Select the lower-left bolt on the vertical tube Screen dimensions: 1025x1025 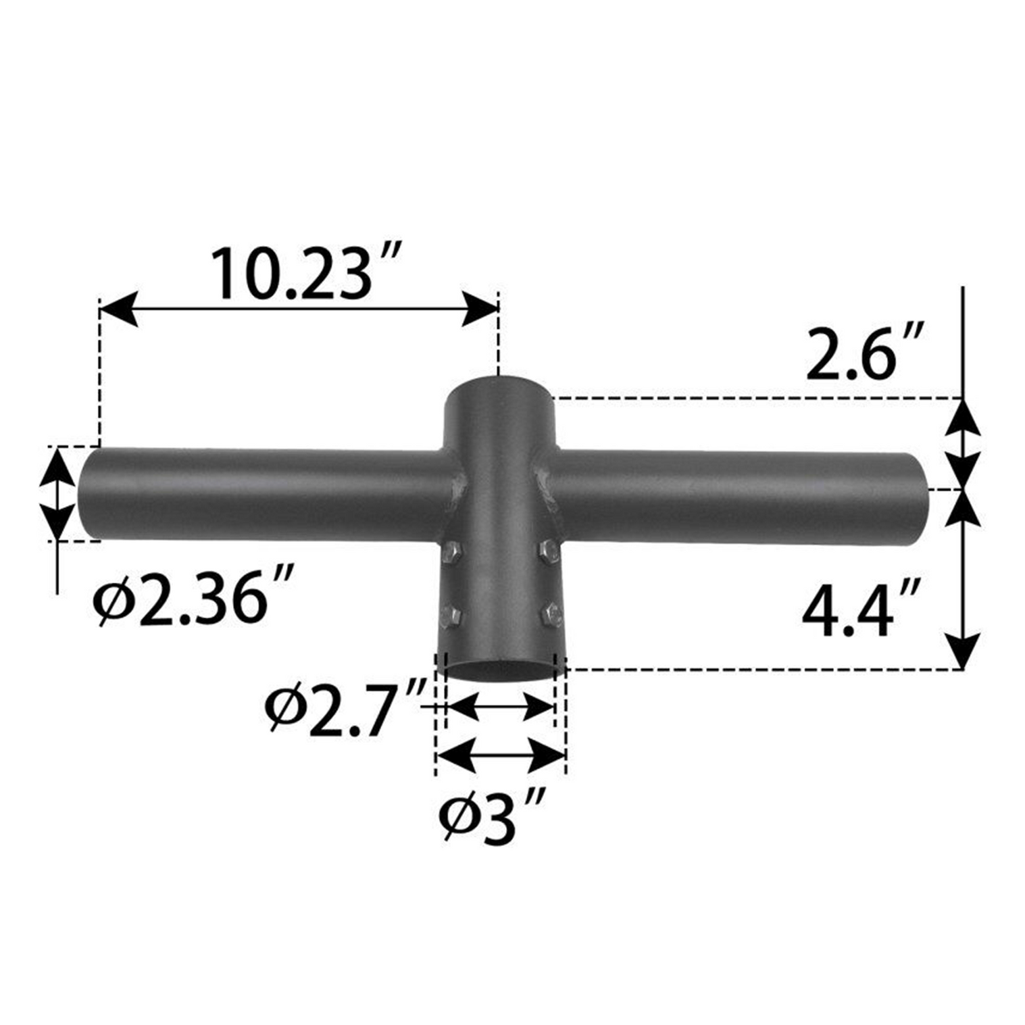pos(450,616)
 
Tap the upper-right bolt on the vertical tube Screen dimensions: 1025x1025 pos(549,549)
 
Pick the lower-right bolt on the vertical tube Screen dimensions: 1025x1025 pos(551,615)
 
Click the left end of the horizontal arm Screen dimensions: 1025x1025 pos(88,493)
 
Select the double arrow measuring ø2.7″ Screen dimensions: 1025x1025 pos(500,707)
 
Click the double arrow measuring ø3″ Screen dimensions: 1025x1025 pos(501,755)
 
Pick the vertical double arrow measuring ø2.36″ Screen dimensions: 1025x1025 pos(57,493)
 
